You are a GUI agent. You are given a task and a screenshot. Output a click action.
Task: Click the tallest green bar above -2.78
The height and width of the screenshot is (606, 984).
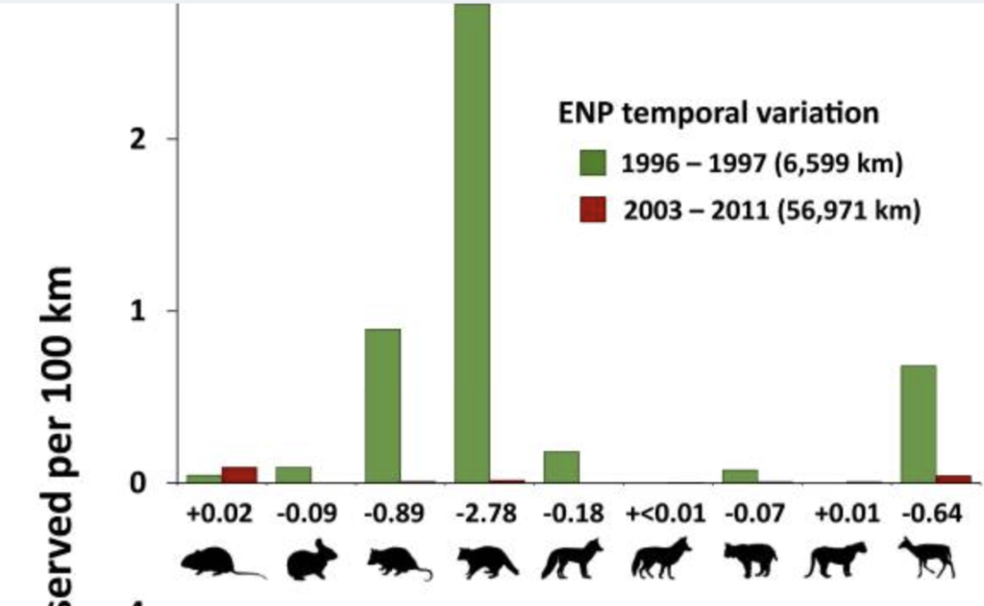tap(472, 240)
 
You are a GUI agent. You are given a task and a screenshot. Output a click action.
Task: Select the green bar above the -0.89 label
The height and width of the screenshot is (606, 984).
tap(382, 404)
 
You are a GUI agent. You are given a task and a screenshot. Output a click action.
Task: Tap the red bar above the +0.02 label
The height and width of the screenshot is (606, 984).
tap(239, 474)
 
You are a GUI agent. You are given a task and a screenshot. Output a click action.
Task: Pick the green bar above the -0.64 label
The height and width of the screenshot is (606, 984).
tap(918, 423)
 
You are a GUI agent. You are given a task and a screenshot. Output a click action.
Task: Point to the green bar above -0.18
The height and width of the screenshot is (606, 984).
tap(561, 467)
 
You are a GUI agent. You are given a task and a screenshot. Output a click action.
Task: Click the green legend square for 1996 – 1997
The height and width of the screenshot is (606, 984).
tap(591, 164)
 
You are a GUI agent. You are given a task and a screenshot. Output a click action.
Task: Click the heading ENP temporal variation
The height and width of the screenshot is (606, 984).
tap(719, 114)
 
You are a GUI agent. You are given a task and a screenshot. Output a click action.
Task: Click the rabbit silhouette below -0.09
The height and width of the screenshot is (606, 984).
tap(308, 560)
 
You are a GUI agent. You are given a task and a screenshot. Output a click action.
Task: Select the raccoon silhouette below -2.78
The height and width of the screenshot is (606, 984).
tap(486, 561)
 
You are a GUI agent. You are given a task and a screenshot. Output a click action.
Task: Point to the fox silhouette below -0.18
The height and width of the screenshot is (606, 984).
tap(573, 559)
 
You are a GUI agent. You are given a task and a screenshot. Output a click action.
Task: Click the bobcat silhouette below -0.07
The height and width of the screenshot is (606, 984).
tap(750, 560)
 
